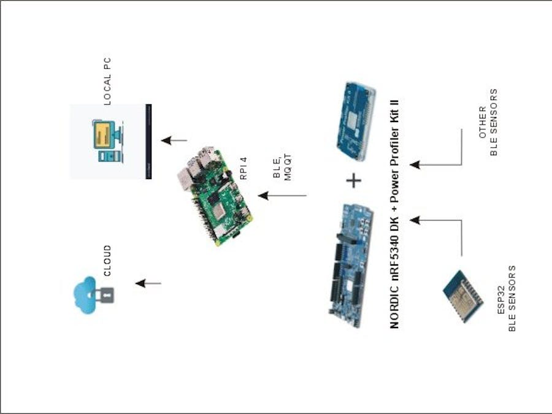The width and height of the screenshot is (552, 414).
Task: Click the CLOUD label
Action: [107, 261]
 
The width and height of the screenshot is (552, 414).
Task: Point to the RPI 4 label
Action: [243, 168]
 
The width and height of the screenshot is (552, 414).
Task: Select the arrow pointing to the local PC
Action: [174, 140]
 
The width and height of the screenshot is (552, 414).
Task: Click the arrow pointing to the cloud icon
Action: [148, 283]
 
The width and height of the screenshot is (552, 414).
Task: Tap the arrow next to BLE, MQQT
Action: [282, 196]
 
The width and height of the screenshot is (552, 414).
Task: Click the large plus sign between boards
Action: [354, 180]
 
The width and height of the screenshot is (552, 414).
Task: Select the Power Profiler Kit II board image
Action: [355, 120]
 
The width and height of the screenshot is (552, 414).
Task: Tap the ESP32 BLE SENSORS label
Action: [507, 298]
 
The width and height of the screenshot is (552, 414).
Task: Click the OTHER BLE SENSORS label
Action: [489, 123]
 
